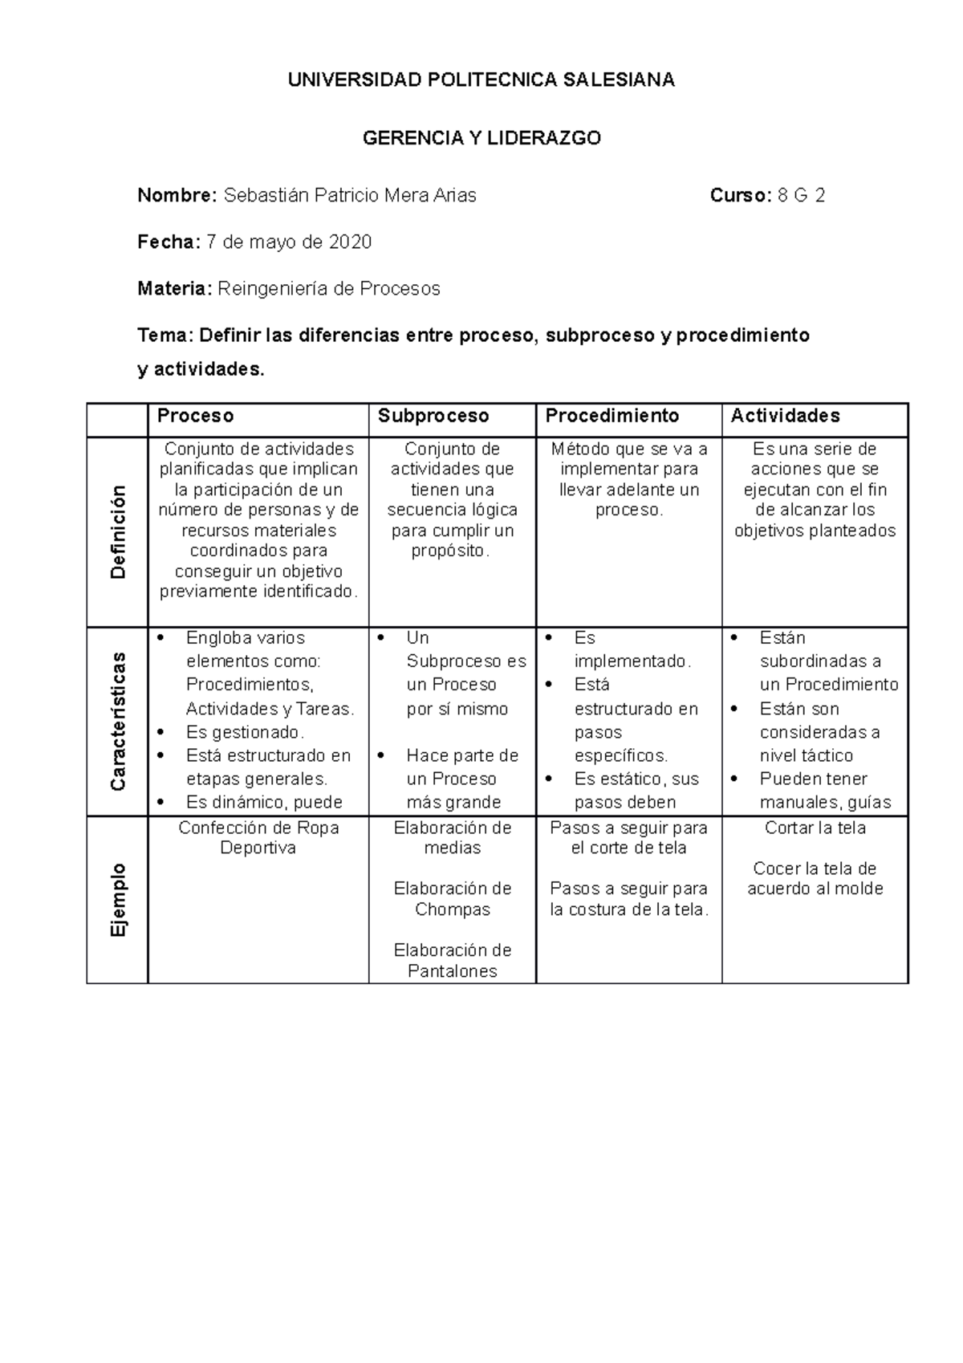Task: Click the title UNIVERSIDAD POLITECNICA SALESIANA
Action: tap(481, 80)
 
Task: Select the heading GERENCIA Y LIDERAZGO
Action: tap(481, 138)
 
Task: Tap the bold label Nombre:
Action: tap(177, 196)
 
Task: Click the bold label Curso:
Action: tap(741, 196)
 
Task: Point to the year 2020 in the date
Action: tap(351, 242)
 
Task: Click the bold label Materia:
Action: tap(174, 289)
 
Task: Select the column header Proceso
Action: tap(196, 416)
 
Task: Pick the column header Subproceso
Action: tap(433, 416)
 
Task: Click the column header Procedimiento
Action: tap(612, 416)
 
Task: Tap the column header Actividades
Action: tap(785, 416)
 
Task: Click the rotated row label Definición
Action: tap(119, 532)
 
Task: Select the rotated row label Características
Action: tap(119, 721)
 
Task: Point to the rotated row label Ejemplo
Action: tap(119, 899)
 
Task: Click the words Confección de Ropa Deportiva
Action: tap(258, 838)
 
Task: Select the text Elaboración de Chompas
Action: tap(452, 899)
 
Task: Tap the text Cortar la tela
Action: tap(815, 828)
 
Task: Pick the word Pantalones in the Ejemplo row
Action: tap(452, 971)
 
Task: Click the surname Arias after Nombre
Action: tap(456, 196)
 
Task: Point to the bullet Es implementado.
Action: tap(632, 649)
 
